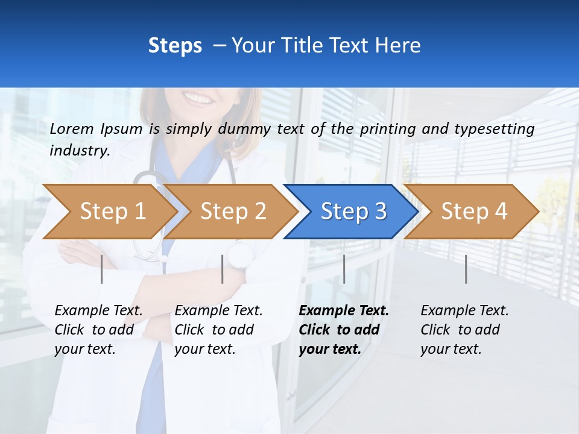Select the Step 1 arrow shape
tap(112, 212)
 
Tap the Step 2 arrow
tap(232, 212)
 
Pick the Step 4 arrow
tap(473, 212)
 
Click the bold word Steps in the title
tap(175, 45)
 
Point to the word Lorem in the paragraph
tap(72, 128)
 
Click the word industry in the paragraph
tap(79, 150)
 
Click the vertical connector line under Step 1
tap(101, 269)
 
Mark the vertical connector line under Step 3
tap(344, 269)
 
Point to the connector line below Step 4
tap(466, 269)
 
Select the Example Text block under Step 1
tap(98, 330)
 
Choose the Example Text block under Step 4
tap(464, 330)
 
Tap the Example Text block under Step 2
tap(218, 330)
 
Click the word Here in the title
tap(398, 45)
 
